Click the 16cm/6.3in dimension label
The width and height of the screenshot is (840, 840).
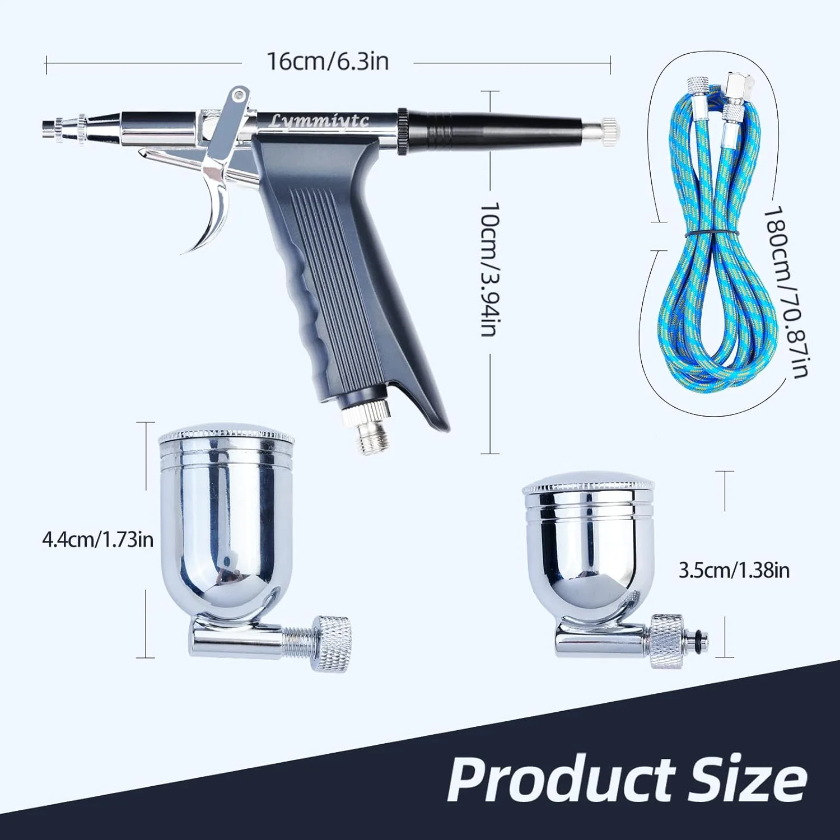click(x=327, y=60)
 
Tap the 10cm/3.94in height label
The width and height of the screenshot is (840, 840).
click(x=489, y=269)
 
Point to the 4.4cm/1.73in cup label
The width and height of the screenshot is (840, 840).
click(x=97, y=540)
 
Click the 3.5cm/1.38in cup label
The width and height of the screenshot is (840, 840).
click(x=734, y=571)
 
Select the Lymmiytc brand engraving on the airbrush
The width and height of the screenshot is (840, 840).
click(x=320, y=120)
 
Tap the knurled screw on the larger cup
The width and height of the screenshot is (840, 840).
click(x=330, y=637)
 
